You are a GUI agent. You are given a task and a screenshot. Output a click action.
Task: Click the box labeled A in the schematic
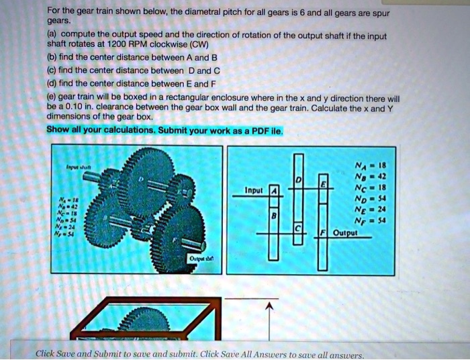pyautogui.click(x=273, y=191)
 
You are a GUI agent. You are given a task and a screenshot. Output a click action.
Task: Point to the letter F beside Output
pyautogui.click(x=322, y=233)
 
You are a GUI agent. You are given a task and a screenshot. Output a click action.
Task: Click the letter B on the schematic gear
pyautogui.click(x=273, y=216)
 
